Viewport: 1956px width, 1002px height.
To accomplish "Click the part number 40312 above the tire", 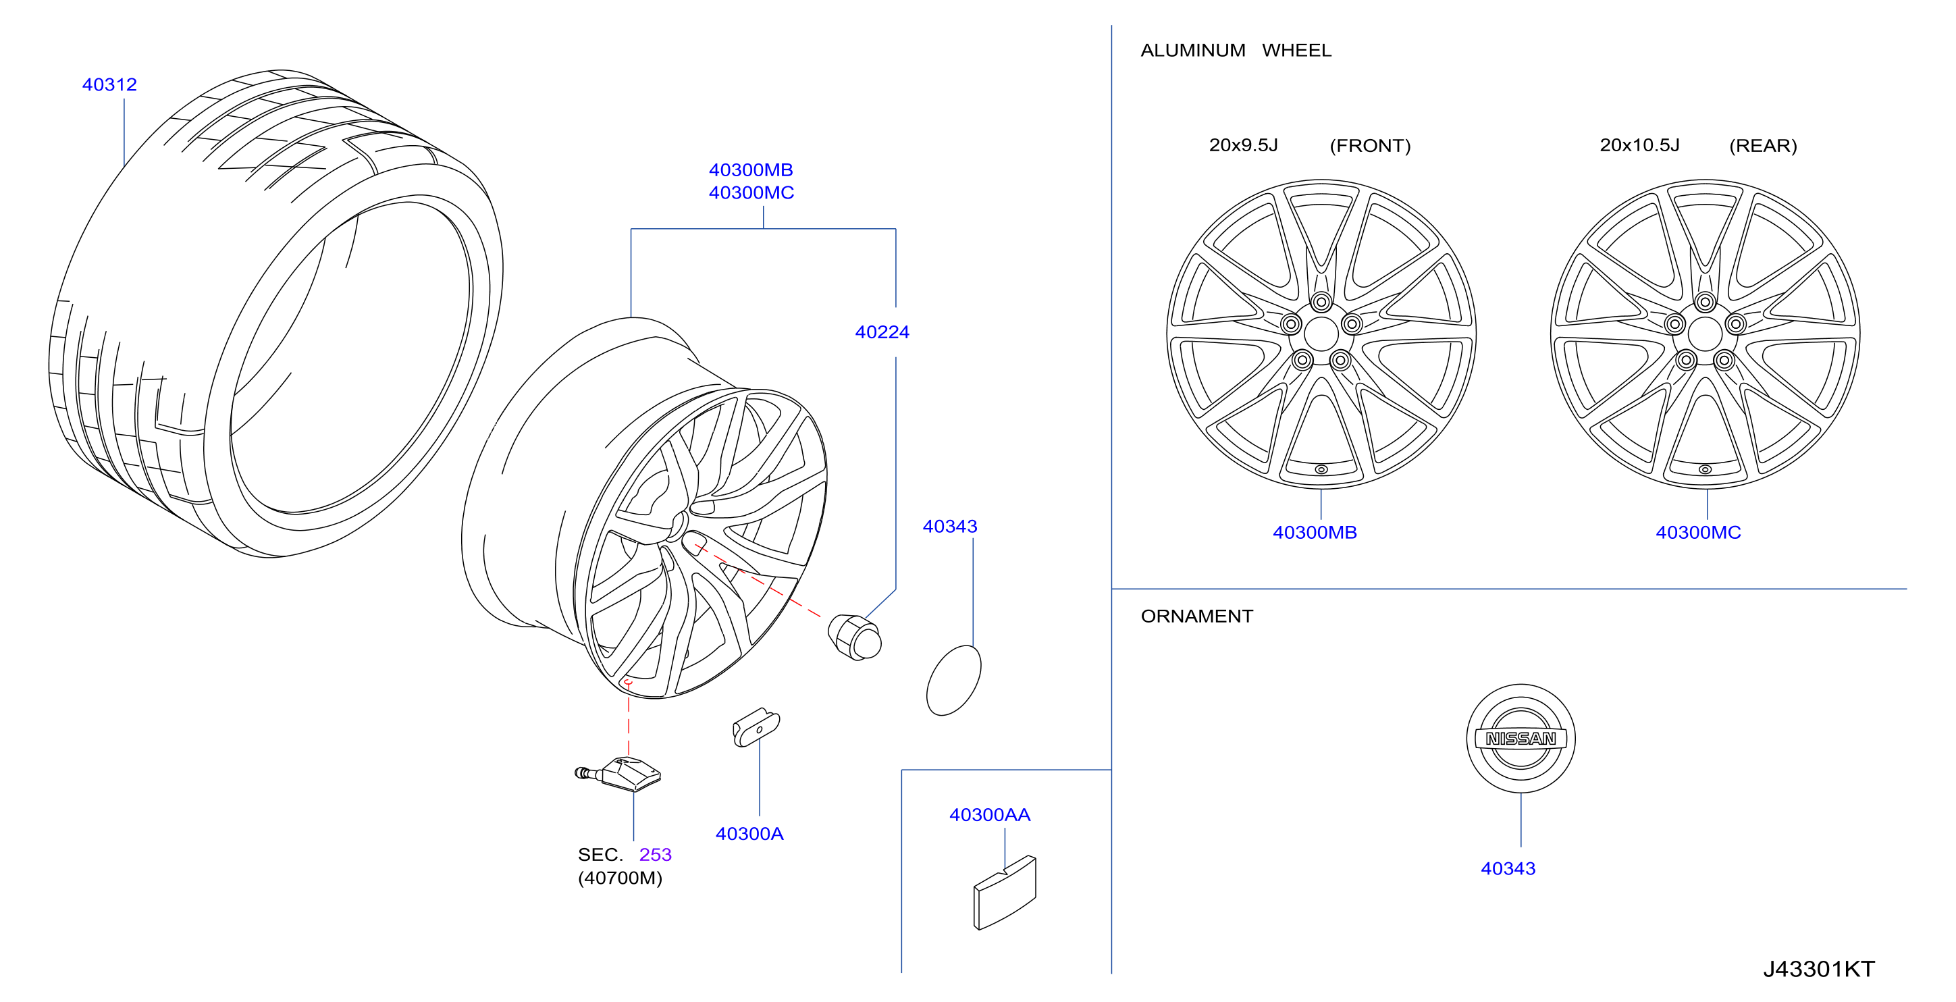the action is pos(109,84).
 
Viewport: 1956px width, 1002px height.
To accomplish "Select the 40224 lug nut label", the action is pos(882,332).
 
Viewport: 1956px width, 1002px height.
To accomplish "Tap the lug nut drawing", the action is pos(855,637).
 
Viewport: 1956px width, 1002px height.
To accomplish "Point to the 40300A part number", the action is pos(749,833).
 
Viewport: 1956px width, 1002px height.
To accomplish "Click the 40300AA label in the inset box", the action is pos(990,814).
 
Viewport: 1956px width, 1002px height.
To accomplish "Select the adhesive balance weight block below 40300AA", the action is pos(1005,893).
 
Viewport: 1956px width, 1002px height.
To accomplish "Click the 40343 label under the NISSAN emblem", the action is pos(1508,868).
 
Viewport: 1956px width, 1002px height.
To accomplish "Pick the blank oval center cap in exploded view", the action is pos(954,680).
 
